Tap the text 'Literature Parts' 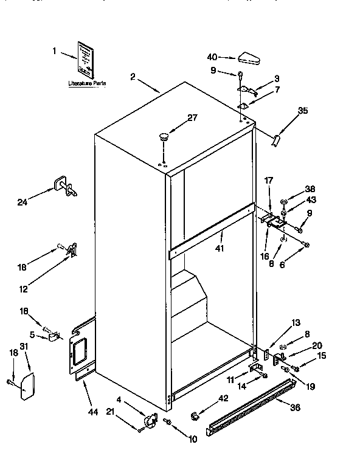click(86, 81)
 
